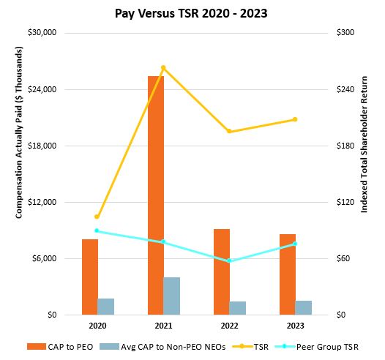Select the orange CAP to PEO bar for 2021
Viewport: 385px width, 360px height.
[156, 195]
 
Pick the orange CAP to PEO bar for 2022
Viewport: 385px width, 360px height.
[222, 271]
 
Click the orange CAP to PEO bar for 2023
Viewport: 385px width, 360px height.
[288, 274]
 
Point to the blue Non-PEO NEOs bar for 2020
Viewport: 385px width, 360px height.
[106, 307]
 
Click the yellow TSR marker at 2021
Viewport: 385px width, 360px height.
[163, 68]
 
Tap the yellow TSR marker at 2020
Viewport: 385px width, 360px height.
[97, 217]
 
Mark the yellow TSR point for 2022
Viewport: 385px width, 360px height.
[229, 132]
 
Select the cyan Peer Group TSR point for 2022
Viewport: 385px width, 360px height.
[229, 260]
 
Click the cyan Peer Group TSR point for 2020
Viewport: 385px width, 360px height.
[97, 230]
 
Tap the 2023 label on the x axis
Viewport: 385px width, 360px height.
[295, 325]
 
